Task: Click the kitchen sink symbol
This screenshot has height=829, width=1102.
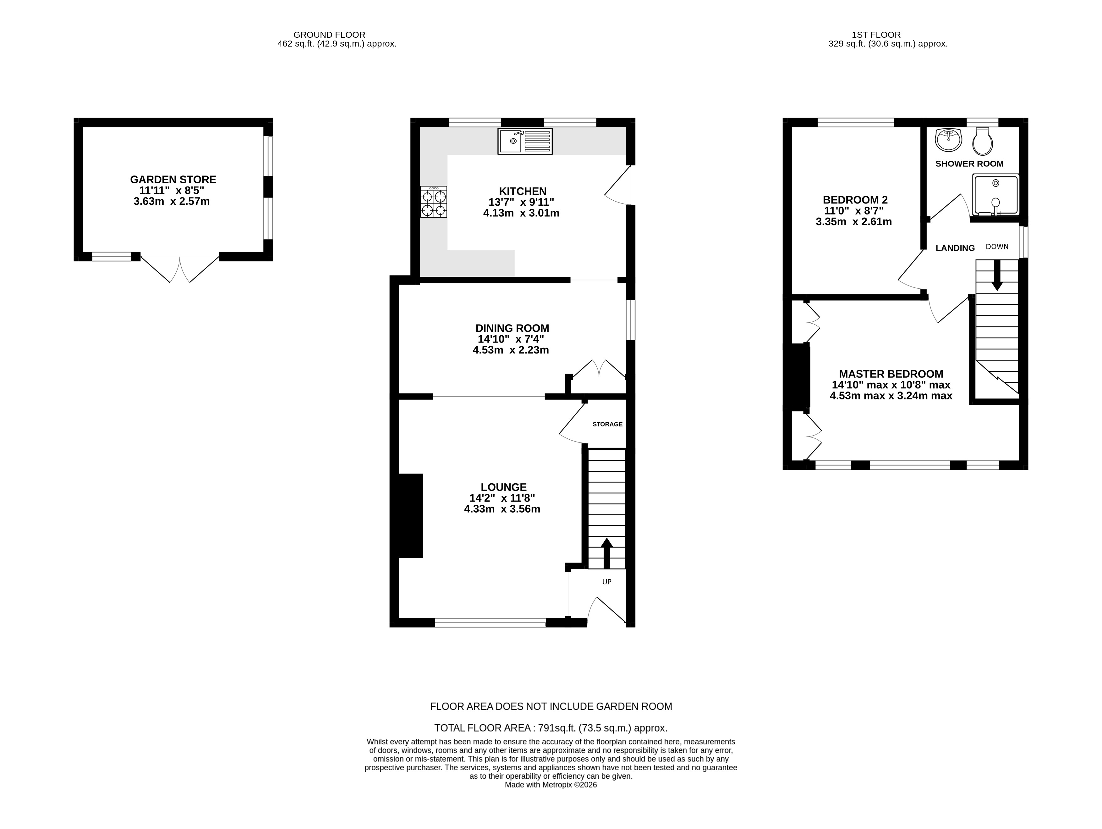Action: [524, 141]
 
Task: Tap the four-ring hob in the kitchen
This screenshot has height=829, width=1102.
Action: [433, 202]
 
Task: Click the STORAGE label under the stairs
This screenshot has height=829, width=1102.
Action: [607, 424]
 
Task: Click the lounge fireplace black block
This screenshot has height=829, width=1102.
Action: [410, 515]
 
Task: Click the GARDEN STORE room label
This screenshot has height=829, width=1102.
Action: [173, 180]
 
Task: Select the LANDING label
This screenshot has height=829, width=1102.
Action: [955, 248]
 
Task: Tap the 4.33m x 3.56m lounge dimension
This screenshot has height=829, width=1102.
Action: [502, 509]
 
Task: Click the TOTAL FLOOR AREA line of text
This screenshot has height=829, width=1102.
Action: [551, 728]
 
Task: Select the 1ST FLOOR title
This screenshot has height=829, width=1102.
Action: [876, 35]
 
